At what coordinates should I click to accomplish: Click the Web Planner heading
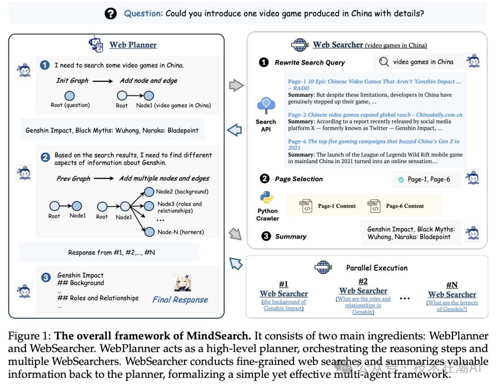tap(133, 45)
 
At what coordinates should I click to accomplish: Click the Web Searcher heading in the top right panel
tap(338, 45)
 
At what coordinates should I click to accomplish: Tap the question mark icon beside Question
tap(111, 13)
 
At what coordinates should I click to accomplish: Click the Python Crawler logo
tap(266, 198)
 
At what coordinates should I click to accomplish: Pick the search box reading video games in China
tap(416, 62)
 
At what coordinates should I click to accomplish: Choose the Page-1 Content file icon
tap(305, 206)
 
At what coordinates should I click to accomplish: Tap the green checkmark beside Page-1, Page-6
tap(401, 179)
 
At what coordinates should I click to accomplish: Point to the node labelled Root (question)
tap(69, 96)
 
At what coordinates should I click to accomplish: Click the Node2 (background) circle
tap(149, 191)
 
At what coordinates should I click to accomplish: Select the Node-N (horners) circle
tap(149, 232)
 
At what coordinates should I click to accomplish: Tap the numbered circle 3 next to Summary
tap(266, 236)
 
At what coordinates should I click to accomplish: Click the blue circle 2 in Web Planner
tap(45, 157)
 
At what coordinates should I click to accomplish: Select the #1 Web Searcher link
tap(283, 293)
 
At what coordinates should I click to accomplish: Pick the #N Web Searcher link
tap(452, 294)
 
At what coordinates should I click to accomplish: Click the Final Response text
tap(180, 300)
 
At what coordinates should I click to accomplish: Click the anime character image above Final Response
tap(182, 282)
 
